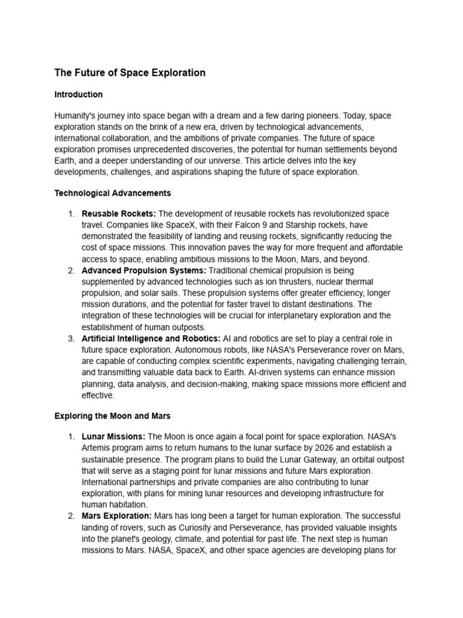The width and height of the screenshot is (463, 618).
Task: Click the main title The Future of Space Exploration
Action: tap(130, 73)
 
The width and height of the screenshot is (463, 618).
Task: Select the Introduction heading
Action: tap(78, 95)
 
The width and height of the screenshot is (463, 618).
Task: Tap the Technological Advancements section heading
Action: tap(113, 194)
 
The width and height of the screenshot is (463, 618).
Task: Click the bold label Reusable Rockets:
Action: tap(119, 214)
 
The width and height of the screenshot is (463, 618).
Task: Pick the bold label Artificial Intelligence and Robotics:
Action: tap(151, 339)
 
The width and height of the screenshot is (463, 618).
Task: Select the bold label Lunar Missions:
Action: tap(113, 436)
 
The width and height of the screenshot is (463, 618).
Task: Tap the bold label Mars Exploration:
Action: tap(117, 517)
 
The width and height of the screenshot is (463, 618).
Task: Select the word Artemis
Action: tap(96, 448)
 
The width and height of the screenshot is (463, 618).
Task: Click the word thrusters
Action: tap(308, 282)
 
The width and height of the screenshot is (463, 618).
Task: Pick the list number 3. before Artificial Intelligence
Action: tap(71, 339)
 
